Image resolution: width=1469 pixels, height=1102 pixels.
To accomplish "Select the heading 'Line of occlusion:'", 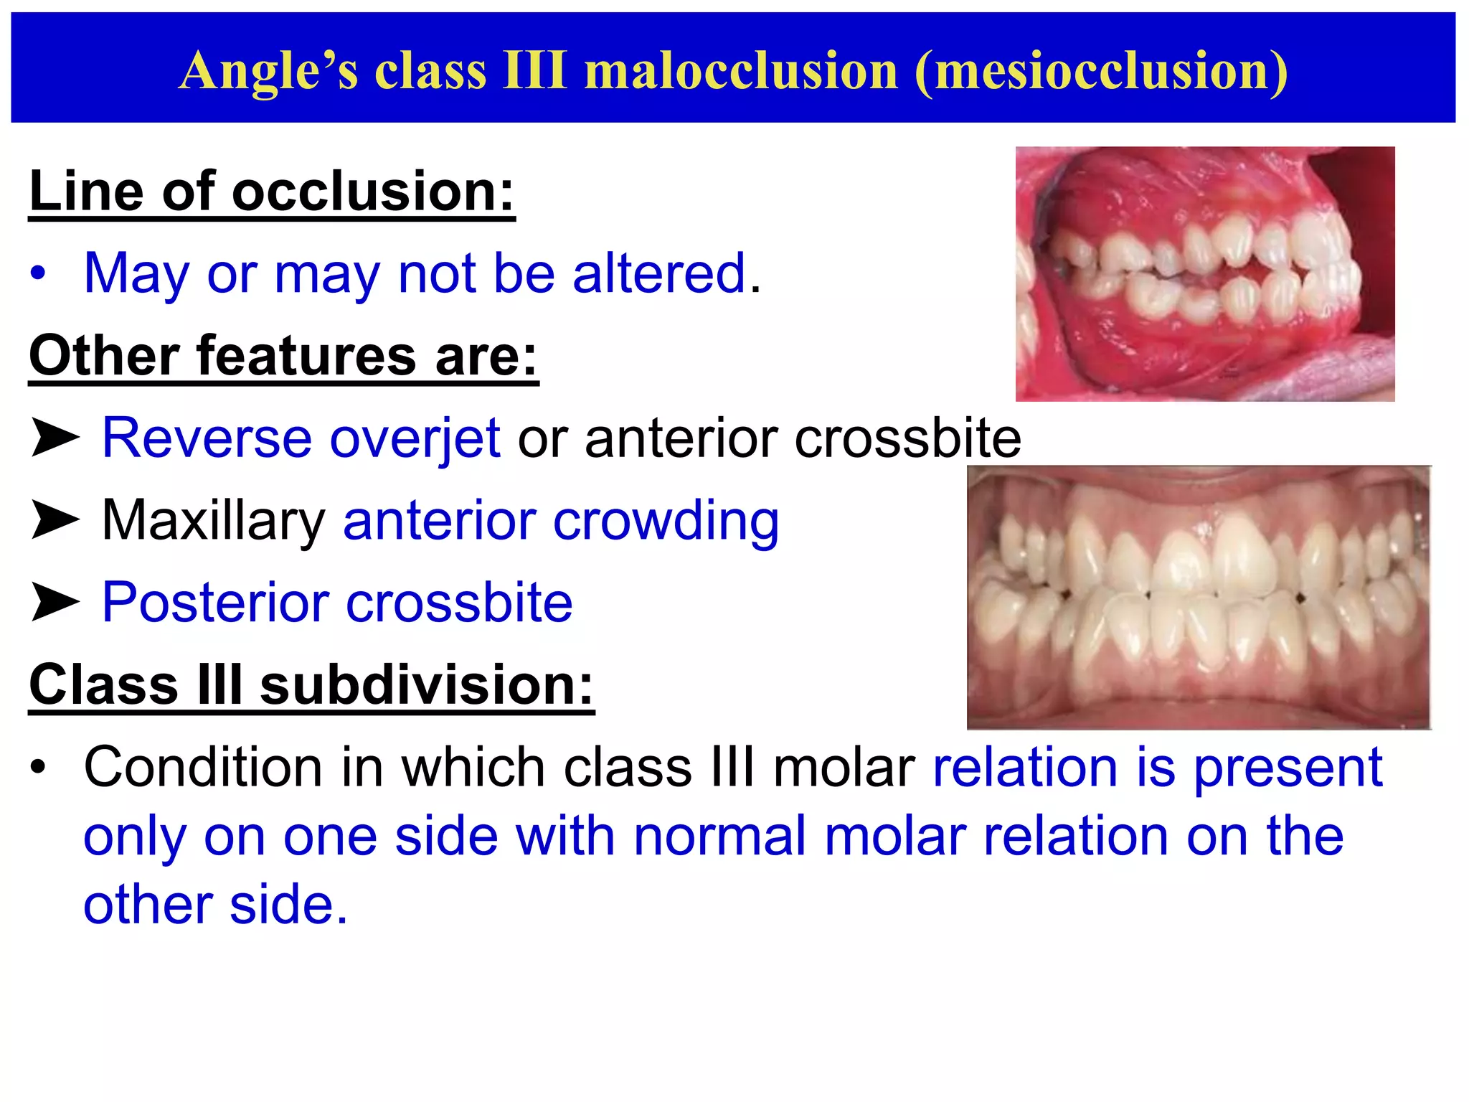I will [x=272, y=192].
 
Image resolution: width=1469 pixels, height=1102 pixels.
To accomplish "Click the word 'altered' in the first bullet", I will [x=659, y=273].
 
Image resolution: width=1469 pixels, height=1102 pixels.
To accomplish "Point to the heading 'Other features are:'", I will [x=283, y=356].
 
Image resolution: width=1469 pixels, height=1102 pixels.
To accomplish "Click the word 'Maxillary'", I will [x=214, y=520].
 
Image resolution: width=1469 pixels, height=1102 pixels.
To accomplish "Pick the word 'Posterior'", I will [x=214, y=602].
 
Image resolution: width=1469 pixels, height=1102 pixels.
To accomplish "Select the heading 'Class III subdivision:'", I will [x=311, y=684].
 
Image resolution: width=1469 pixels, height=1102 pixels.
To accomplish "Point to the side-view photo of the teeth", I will [x=1204, y=273].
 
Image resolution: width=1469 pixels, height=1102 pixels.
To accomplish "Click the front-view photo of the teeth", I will [x=1198, y=597].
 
